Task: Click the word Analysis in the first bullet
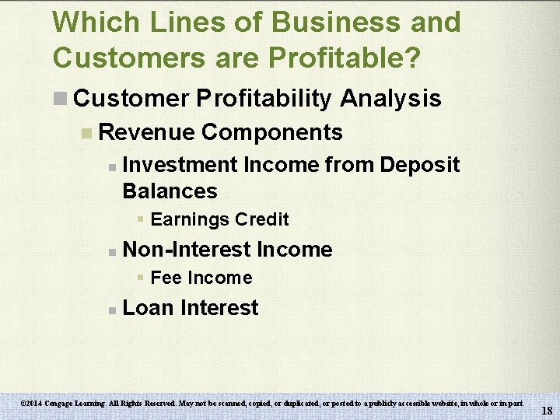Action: (391, 99)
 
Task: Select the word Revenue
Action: (147, 132)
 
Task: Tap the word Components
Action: (271, 132)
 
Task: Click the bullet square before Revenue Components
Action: (87, 133)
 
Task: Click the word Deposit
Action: (420, 165)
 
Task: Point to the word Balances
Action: (170, 191)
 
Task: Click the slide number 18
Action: (547, 411)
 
